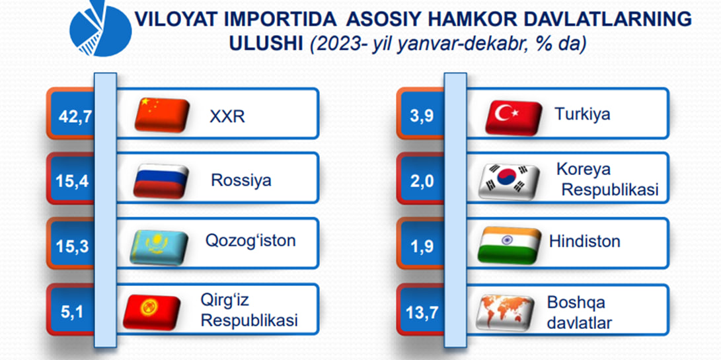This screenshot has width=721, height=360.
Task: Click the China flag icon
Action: point(162,115)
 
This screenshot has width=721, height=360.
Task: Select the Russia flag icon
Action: point(161,181)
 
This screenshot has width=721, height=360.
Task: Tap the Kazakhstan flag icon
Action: point(159,247)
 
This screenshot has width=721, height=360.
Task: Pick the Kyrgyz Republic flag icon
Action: point(152,312)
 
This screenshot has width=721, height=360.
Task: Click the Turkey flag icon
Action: point(513,118)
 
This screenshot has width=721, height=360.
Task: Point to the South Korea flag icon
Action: point(509,182)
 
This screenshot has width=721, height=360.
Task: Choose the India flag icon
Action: point(509,246)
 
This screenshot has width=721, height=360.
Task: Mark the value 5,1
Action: point(73,312)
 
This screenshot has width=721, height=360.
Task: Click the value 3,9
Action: point(422,116)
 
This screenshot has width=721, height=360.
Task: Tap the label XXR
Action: point(227,117)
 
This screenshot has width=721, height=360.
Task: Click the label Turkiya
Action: point(582,114)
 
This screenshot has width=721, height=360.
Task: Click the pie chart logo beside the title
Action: point(100,28)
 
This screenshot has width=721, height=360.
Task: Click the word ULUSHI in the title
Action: point(266,44)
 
